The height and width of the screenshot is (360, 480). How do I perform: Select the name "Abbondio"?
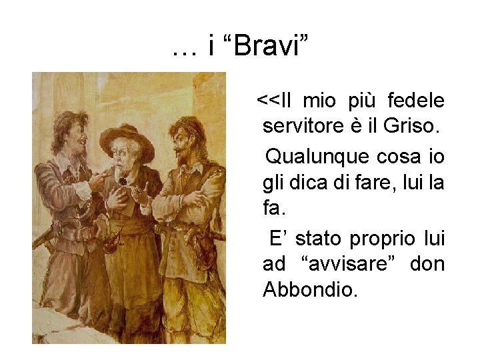pos(310,290)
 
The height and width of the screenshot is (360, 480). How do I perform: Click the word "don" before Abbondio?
pos(428,265)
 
